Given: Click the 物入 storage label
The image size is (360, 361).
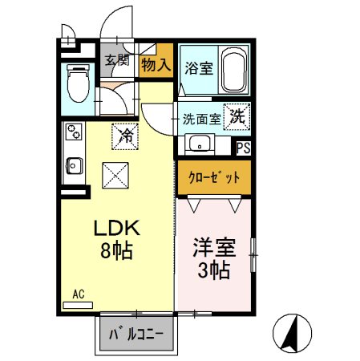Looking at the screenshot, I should [156, 64].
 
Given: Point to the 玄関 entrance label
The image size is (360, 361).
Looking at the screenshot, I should [117, 60].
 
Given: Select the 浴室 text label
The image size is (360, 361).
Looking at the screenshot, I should [198, 68].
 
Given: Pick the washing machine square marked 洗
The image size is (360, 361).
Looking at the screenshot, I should [238, 116].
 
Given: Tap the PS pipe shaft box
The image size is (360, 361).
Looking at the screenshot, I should [244, 148].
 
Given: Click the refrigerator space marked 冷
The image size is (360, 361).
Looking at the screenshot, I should [127, 134].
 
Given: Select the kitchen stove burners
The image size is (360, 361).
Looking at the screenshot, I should [73, 132].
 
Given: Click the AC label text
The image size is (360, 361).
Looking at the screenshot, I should [79, 294].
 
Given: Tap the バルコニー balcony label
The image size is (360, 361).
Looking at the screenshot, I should [138, 332].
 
